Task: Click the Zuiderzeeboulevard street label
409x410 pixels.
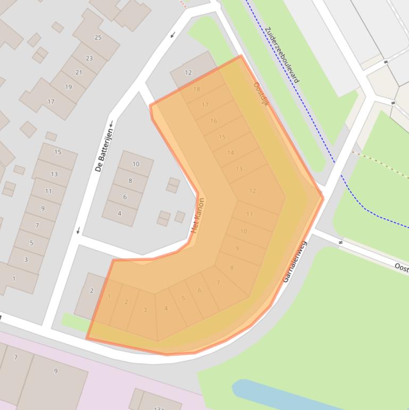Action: click(x=281, y=55)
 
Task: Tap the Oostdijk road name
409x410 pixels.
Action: click(x=261, y=94)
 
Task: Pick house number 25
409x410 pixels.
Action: click(x=98, y=37)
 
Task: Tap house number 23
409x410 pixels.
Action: click(x=89, y=59)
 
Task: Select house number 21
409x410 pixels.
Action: click(x=79, y=72)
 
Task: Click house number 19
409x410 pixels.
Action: click(x=68, y=87)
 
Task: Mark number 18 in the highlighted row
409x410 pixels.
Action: click(x=197, y=89)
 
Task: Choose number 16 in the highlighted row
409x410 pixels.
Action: click(x=213, y=121)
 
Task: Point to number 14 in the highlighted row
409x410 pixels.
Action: click(x=230, y=153)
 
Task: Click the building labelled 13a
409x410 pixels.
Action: click(x=158, y=407)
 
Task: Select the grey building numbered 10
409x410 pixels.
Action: click(x=136, y=164)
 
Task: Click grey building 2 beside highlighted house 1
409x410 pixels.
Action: click(x=91, y=291)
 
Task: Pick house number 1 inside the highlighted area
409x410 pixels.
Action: click(x=109, y=297)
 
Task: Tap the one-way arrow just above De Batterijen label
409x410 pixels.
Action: click(x=112, y=124)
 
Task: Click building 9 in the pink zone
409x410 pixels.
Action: click(x=55, y=371)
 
